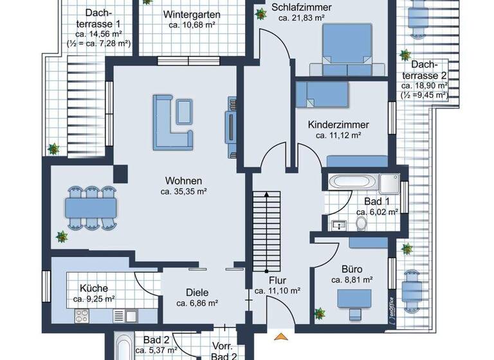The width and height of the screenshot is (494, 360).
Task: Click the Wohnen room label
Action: click(183, 181)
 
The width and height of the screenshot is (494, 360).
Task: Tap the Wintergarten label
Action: click(192, 14)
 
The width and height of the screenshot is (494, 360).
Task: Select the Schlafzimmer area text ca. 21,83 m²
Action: click(302, 18)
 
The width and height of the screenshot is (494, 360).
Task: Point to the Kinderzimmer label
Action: click(338, 125)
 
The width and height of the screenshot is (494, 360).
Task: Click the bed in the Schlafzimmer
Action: click(342, 50)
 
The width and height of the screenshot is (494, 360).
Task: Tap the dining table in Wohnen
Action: click(91, 207)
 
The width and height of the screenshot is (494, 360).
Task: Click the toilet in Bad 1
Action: click(361, 223)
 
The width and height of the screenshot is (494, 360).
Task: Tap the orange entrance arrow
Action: click(280, 336)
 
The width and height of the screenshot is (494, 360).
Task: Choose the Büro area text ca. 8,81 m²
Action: click(352, 280)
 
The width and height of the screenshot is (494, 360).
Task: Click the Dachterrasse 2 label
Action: click(424, 69)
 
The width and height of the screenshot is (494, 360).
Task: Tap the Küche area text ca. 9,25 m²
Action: click(93, 299)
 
